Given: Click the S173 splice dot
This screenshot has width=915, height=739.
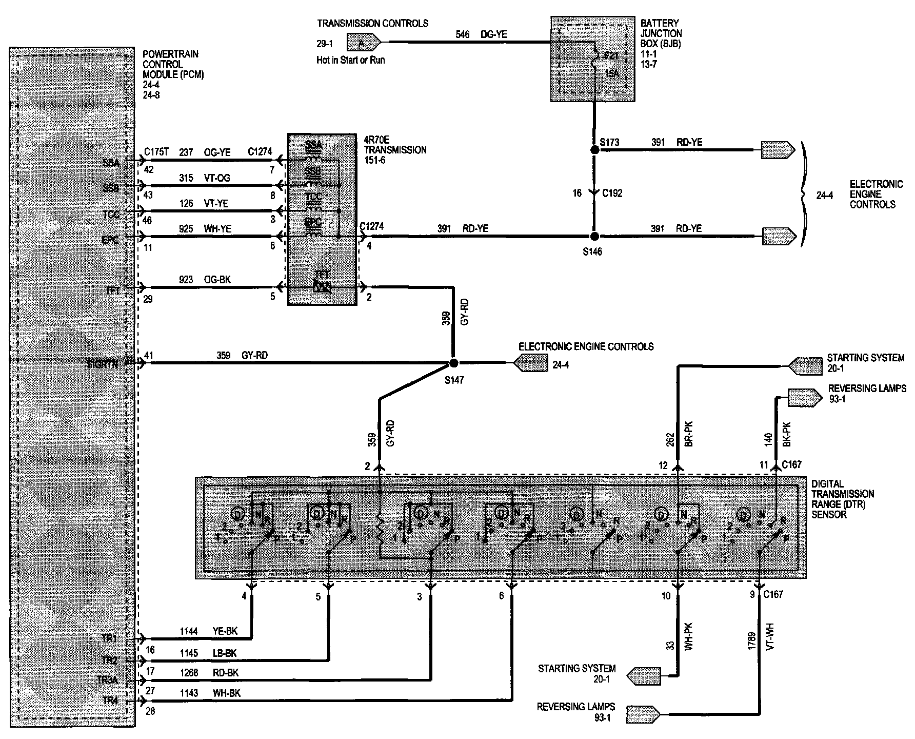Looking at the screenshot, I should coord(594,150).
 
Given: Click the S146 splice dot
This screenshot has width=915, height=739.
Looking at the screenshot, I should coord(594,237).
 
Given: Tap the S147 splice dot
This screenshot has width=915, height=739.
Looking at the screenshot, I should coord(453,363).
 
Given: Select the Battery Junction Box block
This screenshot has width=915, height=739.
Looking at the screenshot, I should coord(593,59).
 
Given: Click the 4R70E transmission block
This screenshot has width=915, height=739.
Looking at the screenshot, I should coord(322,220).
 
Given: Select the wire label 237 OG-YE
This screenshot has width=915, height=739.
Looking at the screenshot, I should coord(205,152).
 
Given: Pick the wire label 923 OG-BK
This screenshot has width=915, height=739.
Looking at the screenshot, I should coord(205,280).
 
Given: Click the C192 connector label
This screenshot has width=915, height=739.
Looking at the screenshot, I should coord(612,193).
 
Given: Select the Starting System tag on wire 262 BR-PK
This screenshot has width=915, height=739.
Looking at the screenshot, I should coord(805,365).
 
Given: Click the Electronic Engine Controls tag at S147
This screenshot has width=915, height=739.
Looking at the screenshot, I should coord(530,363).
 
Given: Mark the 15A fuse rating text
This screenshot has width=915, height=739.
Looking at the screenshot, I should coord(612,73).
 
